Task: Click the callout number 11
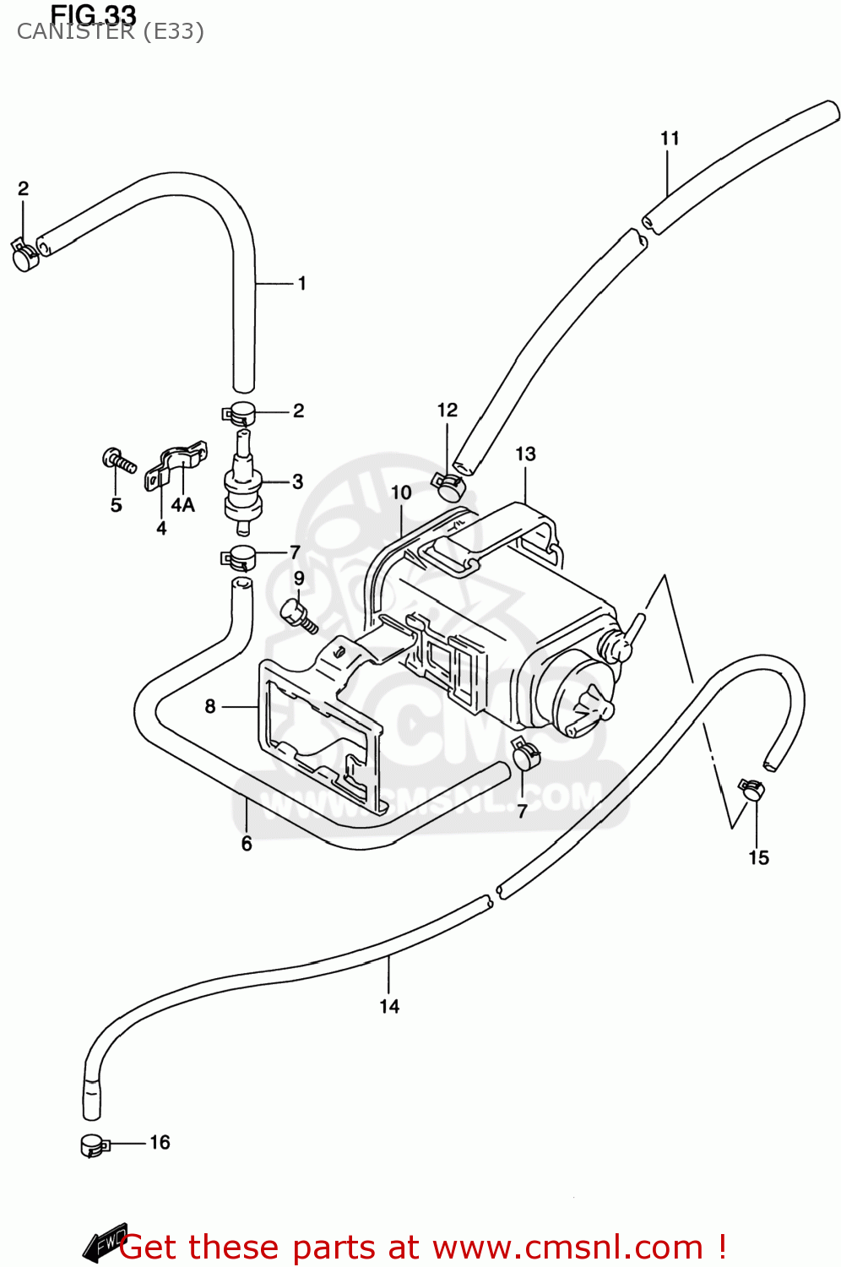tap(670, 139)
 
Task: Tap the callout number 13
tap(525, 454)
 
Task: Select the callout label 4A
tap(183, 505)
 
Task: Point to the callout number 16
tap(160, 1143)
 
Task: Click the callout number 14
tap(389, 1006)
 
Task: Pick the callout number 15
tap(758, 858)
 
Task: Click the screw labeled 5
tap(119, 460)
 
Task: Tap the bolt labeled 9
tap(298, 613)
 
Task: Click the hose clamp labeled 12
tap(448, 486)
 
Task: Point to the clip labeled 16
tap(94, 1145)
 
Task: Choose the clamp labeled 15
tap(751, 790)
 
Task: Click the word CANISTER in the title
tap(75, 32)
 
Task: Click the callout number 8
tap(210, 706)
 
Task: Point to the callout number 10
tap(401, 492)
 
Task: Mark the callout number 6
tap(247, 844)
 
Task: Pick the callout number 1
tap(301, 284)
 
